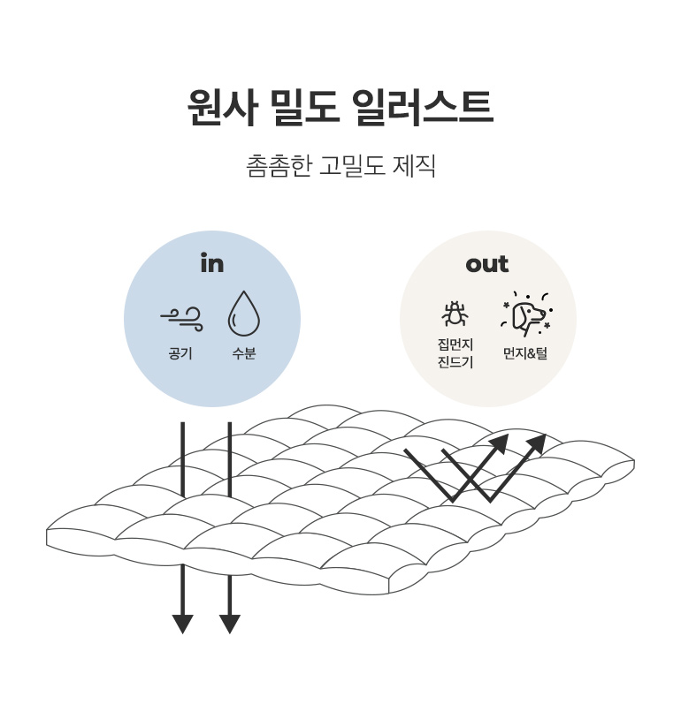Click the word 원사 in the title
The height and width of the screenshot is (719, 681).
[222, 107]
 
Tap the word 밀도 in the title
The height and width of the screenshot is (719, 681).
[304, 107]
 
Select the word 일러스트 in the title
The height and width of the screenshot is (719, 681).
[423, 107]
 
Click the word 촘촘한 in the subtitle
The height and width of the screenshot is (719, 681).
[279, 165]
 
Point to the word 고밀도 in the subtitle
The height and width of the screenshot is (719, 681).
[352, 165]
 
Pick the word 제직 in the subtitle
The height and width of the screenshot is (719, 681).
[414, 165]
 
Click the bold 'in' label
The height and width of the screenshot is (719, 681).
[212, 263]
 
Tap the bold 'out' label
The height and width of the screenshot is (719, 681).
[487, 264]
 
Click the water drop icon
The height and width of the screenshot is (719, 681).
[244, 314]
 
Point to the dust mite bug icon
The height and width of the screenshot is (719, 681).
[455, 314]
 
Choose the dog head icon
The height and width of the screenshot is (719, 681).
[526, 314]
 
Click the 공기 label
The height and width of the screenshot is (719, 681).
[180, 353]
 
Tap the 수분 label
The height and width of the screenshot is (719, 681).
[244, 353]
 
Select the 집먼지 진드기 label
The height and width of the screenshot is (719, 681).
[455, 353]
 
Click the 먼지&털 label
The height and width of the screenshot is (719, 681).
[525, 353]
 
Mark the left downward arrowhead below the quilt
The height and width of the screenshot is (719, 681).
[183, 624]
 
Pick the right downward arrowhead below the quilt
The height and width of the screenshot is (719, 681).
[230, 624]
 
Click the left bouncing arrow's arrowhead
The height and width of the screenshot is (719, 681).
[499, 443]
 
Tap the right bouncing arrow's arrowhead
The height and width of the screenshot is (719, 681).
[536, 443]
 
